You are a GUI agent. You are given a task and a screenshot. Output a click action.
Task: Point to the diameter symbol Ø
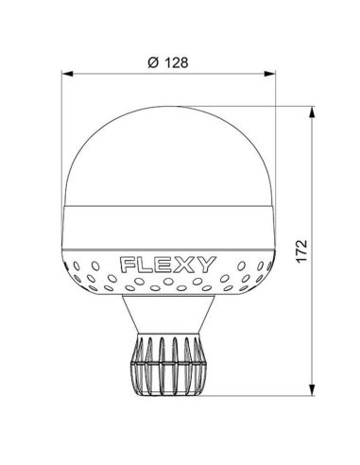[154, 62]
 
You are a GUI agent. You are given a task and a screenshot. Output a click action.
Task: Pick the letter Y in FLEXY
[206, 263]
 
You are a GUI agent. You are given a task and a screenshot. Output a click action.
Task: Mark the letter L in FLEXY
[147, 263]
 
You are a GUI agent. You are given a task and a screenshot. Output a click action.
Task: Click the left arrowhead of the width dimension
[65, 73]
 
